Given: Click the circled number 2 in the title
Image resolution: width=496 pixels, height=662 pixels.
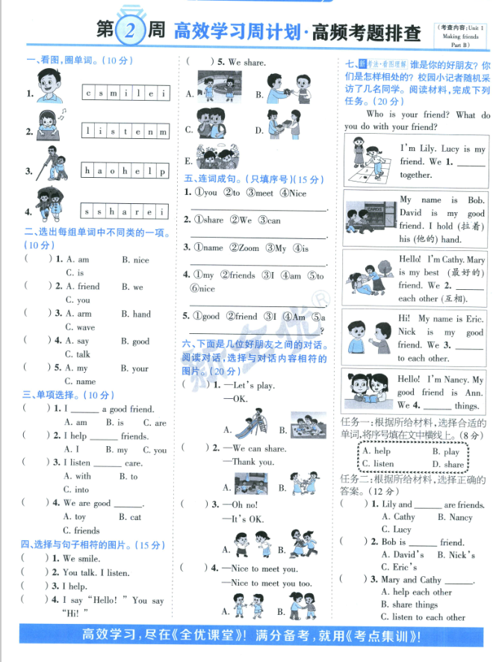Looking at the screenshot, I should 130,31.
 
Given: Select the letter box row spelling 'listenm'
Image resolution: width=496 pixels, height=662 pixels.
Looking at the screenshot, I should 125,132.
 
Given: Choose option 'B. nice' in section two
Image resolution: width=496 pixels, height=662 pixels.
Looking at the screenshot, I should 135,260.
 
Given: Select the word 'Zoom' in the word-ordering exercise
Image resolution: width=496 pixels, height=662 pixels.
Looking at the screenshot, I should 249,248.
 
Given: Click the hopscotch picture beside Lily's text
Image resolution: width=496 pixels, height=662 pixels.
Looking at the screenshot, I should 368,161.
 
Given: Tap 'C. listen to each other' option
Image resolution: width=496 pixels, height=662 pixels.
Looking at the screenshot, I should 423,617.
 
